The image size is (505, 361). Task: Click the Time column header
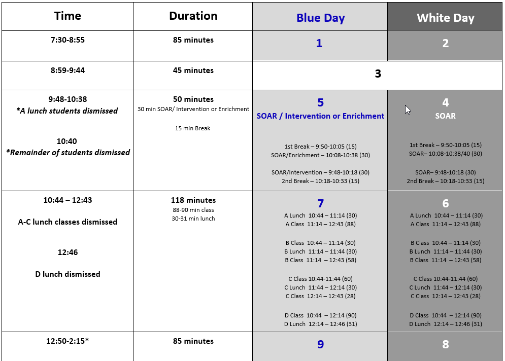point(68,16)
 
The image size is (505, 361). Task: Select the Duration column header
point(193,16)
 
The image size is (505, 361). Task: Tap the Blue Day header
point(320,18)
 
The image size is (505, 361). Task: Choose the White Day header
point(445,18)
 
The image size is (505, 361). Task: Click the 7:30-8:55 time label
point(68,40)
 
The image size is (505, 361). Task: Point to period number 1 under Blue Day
point(319,44)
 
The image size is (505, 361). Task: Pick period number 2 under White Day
point(445,44)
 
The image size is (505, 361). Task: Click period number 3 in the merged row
point(378,74)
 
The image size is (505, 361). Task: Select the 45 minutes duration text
point(193,70)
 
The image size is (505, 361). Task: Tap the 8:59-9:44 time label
point(68,70)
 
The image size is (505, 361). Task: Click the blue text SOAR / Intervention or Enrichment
point(320,116)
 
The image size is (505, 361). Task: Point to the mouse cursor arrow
point(408,110)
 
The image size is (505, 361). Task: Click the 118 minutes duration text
point(193,200)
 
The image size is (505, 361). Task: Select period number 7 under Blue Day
point(320,204)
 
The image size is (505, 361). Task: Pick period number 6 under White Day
point(445,204)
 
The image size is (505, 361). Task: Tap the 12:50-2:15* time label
point(68,341)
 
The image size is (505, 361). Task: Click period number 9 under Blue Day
point(320,345)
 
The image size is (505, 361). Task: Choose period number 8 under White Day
point(445,345)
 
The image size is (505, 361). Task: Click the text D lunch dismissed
point(68,274)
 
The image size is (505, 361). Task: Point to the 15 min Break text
point(192,128)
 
